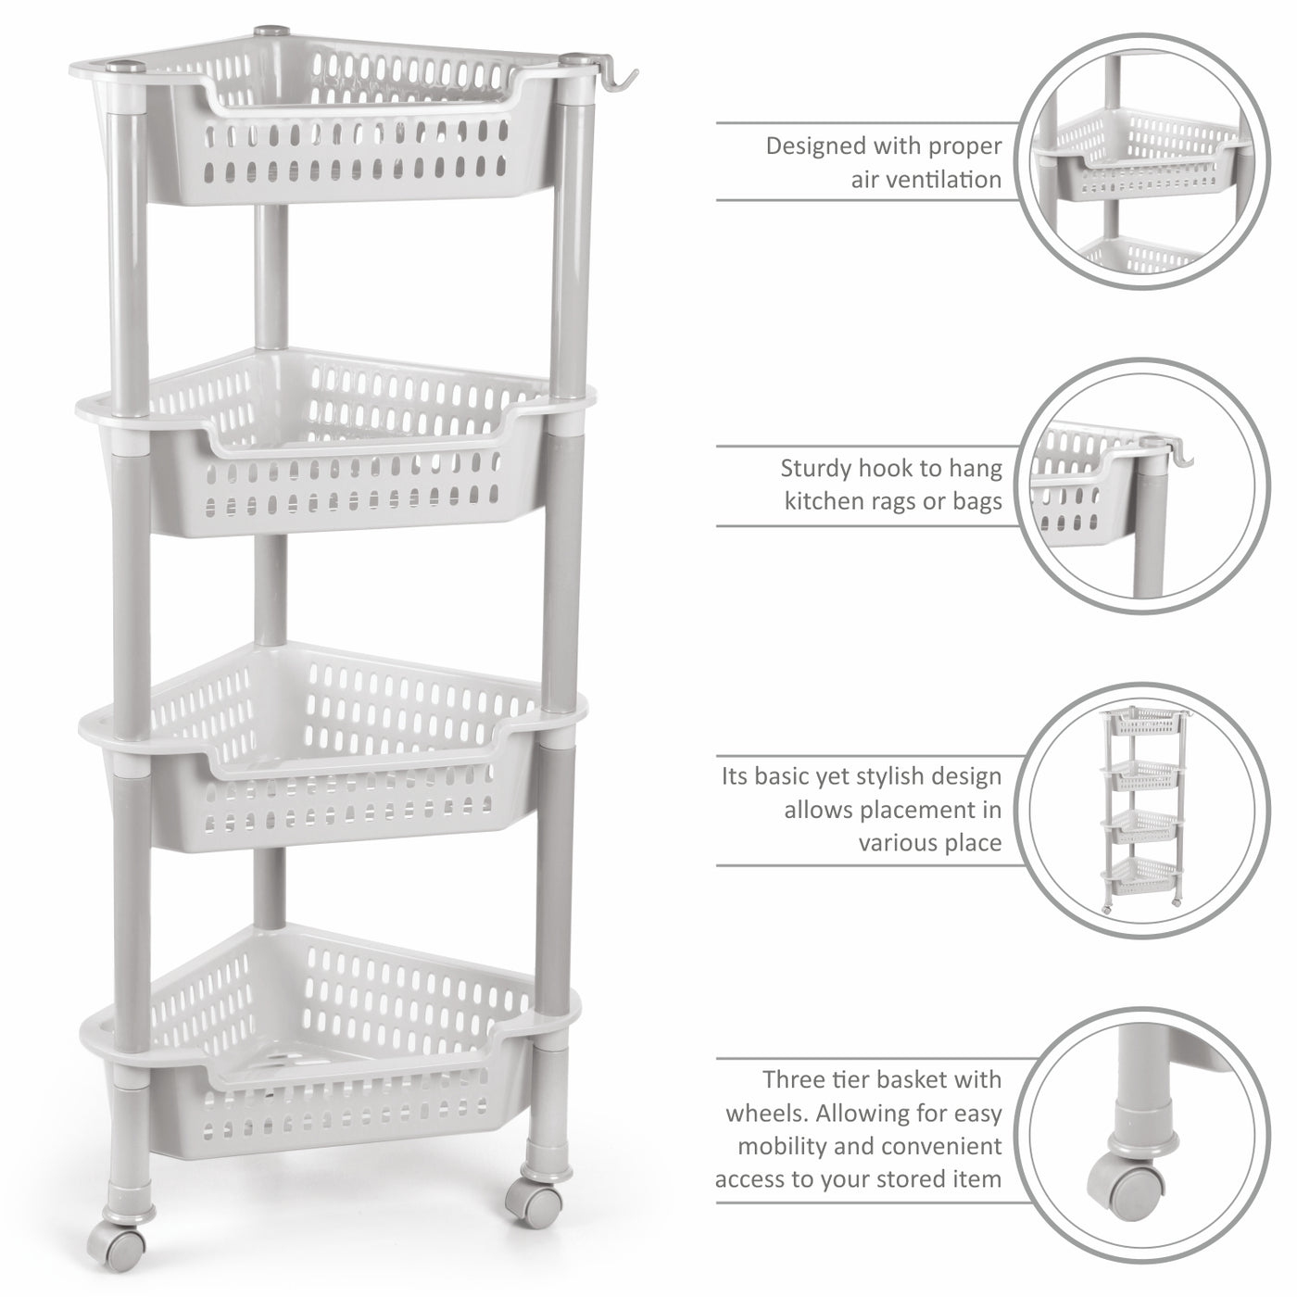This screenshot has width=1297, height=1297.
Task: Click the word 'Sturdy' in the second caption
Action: tap(813, 469)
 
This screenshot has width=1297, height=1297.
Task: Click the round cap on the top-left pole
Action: tap(127, 67)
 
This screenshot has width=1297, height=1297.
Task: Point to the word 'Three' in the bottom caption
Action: tap(795, 1079)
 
